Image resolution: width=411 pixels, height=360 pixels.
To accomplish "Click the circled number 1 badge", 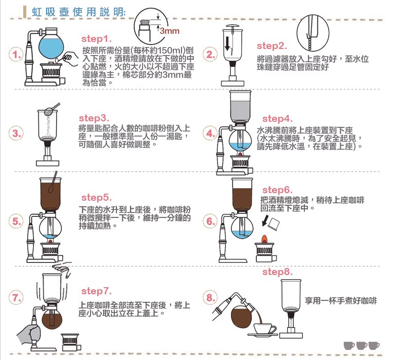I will point(17,55).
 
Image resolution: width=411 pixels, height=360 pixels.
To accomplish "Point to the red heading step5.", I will point(96,197).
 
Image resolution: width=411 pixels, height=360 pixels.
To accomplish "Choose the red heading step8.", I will point(278,273).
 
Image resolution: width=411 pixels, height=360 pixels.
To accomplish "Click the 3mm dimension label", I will point(169,31).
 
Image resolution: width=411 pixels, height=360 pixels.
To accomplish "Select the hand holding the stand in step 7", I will point(30,334).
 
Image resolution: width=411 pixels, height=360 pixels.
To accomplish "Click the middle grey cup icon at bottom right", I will point(361,345).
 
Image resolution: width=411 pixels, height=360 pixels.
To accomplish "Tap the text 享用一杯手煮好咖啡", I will point(341,301).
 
